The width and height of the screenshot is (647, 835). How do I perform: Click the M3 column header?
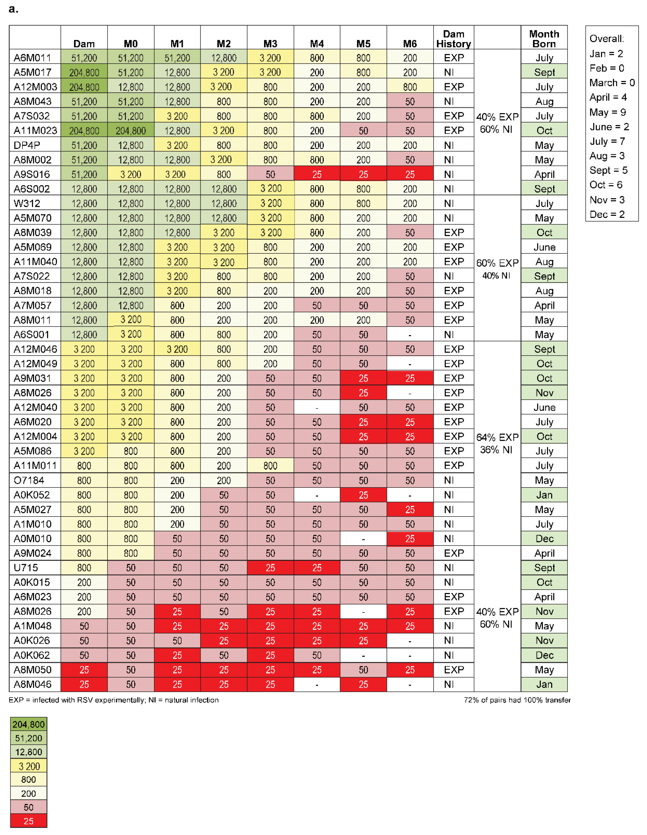(270, 44)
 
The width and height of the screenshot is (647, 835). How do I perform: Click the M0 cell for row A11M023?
(131, 131)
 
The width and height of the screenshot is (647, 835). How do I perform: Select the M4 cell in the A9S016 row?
(317, 174)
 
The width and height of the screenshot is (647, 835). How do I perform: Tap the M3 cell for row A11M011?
(270, 466)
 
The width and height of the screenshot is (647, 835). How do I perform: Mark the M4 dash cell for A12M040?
(317, 408)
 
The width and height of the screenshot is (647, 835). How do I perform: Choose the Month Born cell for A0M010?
(544, 539)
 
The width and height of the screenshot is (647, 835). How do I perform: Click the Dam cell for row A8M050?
(84, 670)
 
